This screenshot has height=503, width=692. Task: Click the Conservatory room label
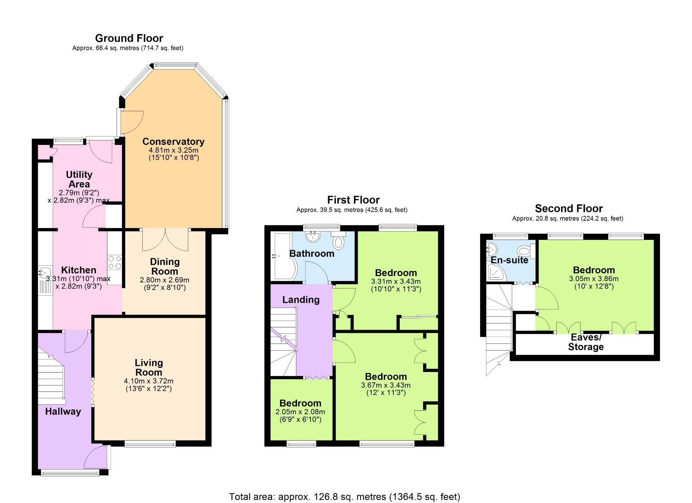(x=173, y=142)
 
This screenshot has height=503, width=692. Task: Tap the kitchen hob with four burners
(x=115, y=262)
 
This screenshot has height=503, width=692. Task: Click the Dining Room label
(x=165, y=267)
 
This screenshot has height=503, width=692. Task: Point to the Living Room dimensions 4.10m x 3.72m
(x=149, y=381)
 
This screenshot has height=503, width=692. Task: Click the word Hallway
(x=63, y=411)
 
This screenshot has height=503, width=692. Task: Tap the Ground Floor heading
(x=129, y=38)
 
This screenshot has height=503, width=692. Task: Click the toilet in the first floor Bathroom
(x=338, y=240)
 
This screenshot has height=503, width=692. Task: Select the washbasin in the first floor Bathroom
(x=313, y=236)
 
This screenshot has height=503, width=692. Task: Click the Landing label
(x=301, y=300)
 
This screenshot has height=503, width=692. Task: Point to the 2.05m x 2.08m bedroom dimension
(x=300, y=412)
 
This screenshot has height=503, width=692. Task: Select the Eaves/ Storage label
(x=586, y=342)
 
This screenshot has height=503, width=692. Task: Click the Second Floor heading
(x=569, y=208)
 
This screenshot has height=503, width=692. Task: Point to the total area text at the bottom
(x=345, y=497)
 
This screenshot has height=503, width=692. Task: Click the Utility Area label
(x=79, y=179)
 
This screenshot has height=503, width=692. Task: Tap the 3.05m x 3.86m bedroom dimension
(x=594, y=279)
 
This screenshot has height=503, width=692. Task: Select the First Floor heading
(x=353, y=200)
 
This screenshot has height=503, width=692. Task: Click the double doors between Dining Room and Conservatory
(x=165, y=240)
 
